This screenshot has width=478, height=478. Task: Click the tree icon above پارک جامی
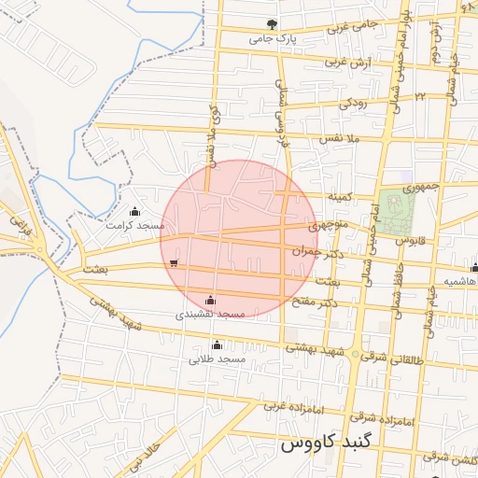(272, 25)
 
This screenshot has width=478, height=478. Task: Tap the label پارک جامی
(273, 40)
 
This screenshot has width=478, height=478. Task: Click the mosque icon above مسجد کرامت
(136, 211)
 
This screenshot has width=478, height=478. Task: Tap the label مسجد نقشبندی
(211, 315)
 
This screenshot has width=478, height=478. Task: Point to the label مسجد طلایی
(218, 358)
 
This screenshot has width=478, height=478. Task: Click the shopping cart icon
(175, 263)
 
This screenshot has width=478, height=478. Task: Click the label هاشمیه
(460, 281)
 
